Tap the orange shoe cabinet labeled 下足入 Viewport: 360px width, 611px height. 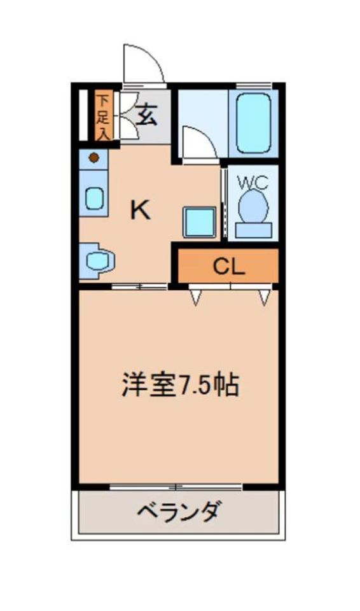[x=102, y=116]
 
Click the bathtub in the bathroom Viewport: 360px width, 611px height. [x=253, y=122]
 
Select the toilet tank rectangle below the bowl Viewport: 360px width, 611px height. [x=254, y=230]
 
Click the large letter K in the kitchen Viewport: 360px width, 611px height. [x=141, y=210]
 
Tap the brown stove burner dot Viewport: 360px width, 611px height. [x=94, y=158]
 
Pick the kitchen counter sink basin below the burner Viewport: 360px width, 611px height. [x=94, y=198]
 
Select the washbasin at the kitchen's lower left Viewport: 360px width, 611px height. [x=97, y=260]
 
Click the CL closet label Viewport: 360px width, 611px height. [x=229, y=267]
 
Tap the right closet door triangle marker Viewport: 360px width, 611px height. [x=265, y=297]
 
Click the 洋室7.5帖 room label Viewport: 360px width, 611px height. [x=181, y=385]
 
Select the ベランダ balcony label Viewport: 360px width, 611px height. [x=180, y=510]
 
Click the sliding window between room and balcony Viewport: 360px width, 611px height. [x=176, y=488]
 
